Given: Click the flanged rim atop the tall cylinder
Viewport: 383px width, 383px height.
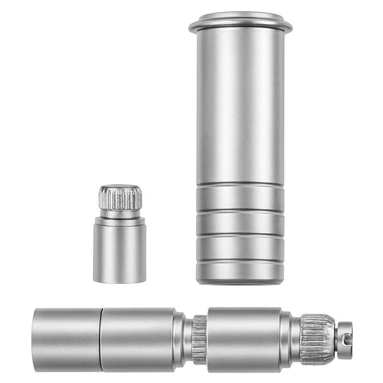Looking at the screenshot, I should click(x=240, y=24).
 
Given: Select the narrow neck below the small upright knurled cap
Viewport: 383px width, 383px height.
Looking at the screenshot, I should click(x=120, y=214).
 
